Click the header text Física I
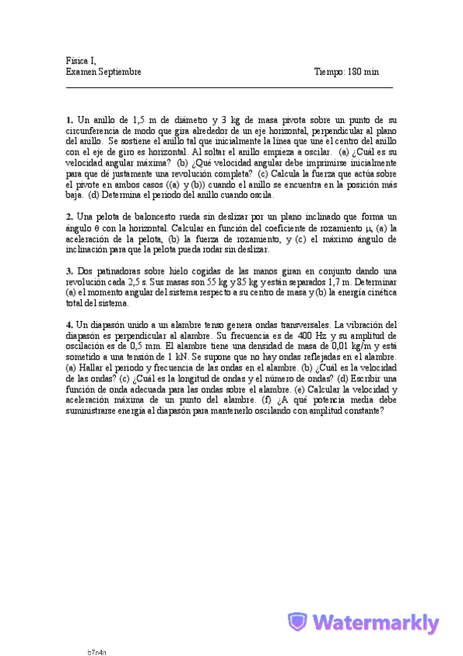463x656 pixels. pyautogui.click(x=81, y=60)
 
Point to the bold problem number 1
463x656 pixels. pyautogui.click(x=69, y=121)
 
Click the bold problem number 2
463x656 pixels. pyautogui.click(x=69, y=218)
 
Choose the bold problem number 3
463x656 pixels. pyautogui.click(x=69, y=272)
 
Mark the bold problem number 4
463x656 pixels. pyautogui.click(x=69, y=325)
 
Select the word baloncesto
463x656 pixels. pyautogui.click(x=157, y=218)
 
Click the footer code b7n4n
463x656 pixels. pyautogui.click(x=97, y=651)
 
